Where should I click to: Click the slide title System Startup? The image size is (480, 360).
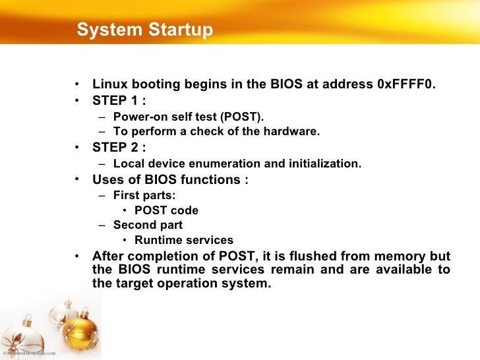pyautogui.click(x=144, y=30)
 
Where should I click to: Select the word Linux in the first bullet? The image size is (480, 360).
pyautogui.click(x=108, y=84)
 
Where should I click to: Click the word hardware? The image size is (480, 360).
pyautogui.click(x=294, y=131)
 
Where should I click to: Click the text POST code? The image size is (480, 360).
pyautogui.click(x=166, y=211)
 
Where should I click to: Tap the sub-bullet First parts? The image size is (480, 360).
pyautogui.click(x=144, y=195)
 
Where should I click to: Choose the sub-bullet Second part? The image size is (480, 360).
pyautogui.click(x=148, y=225)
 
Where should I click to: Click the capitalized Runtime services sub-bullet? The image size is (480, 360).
pyautogui.click(x=184, y=241)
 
